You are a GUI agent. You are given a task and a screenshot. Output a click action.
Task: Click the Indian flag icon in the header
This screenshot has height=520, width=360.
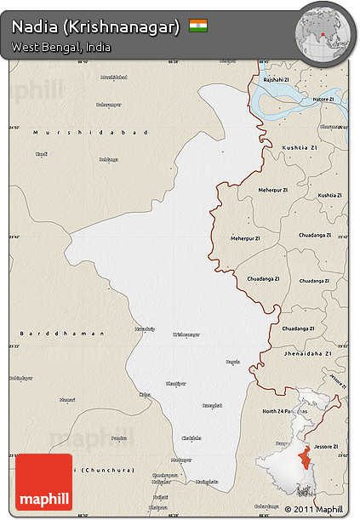tap(198, 26)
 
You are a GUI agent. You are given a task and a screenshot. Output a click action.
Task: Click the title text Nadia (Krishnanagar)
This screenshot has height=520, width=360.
tap(96, 26)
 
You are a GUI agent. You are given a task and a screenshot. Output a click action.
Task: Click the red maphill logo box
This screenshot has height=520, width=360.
tap(44, 482)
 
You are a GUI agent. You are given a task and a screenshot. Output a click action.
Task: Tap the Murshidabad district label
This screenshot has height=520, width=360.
tap(89, 133)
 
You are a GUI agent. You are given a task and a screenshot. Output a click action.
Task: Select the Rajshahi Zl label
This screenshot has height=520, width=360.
tap(277, 79)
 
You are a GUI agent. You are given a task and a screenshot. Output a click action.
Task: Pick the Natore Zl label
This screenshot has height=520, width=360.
tap(323, 100)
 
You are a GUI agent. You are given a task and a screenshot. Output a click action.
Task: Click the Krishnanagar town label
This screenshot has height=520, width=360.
tap(186, 334)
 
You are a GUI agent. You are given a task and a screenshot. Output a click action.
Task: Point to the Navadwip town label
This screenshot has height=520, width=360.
tap(145, 328)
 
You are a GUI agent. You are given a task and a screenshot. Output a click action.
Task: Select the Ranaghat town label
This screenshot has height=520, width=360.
tap(211, 405)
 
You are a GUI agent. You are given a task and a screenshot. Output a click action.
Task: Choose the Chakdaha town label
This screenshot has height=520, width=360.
tap(191, 437)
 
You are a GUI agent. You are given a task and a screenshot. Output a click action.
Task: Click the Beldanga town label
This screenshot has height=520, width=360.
tap(108, 159)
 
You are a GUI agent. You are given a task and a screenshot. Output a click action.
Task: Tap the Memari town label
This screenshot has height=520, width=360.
tap(67, 399)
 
